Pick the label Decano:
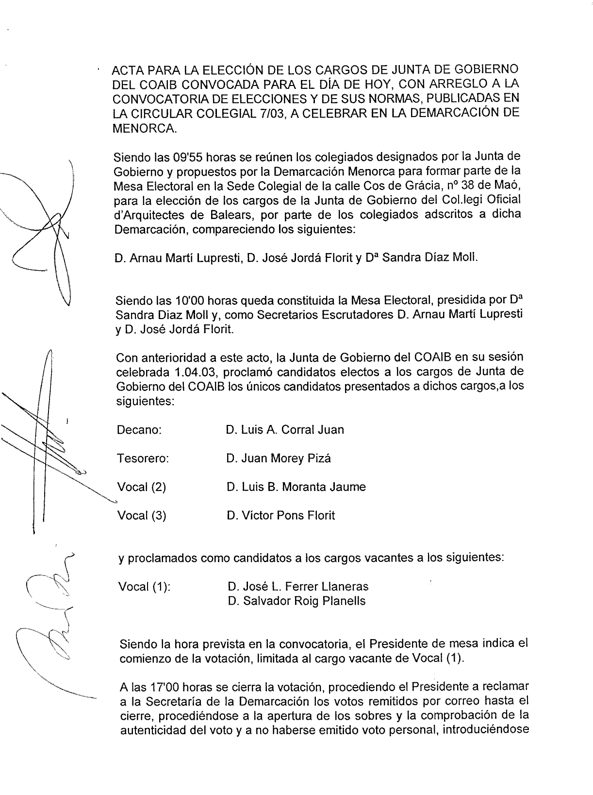coord(139,430)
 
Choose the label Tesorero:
coord(143,458)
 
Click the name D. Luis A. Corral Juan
coord(285,430)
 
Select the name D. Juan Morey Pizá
coord(279,458)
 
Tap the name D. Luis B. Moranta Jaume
coord(296,487)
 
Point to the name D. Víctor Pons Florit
coord(280,515)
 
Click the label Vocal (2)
coord(142,487)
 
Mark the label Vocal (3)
coord(142,515)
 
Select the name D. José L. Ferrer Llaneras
coord(298,587)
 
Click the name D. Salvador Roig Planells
coord(296,601)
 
